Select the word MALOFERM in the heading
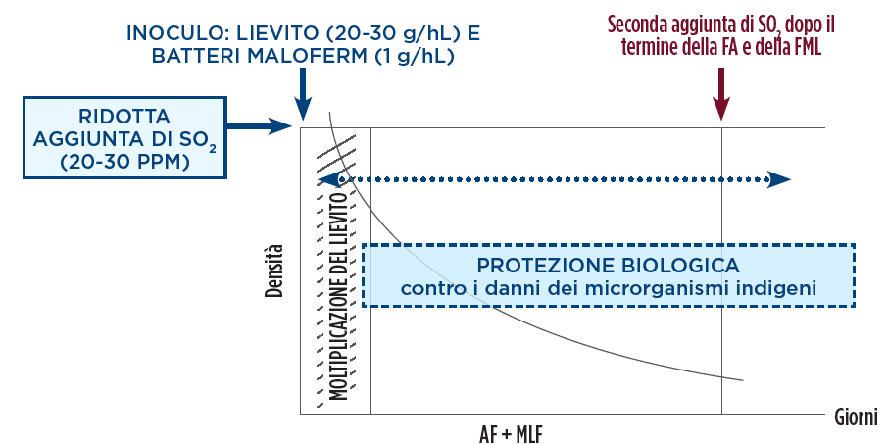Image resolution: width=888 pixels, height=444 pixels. [309, 56]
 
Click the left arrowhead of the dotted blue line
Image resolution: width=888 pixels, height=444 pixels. [327, 179]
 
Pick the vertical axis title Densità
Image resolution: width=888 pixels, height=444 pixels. [276, 271]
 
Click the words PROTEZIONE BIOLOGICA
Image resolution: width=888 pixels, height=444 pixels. [608, 266]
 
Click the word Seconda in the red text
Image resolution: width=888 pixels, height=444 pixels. [640, 23]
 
